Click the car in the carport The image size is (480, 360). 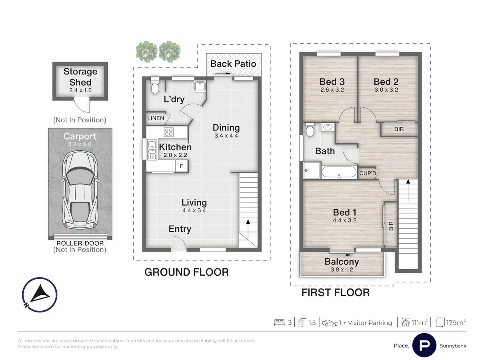80,190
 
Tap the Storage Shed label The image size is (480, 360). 80,77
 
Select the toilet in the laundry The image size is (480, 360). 155,86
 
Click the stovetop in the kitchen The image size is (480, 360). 169,132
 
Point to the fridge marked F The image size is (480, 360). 181,166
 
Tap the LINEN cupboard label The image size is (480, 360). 156,118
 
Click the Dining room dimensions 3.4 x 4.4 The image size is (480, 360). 226,136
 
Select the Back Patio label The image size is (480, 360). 233,64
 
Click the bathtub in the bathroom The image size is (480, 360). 339,172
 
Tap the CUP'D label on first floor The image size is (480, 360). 368,173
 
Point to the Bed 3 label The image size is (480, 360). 332,82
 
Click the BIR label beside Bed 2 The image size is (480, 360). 399,129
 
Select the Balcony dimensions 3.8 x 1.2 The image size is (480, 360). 342,270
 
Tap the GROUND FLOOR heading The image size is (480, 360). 186,272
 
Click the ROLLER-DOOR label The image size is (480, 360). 80,243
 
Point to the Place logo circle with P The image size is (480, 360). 424,346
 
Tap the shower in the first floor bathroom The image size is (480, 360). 312,170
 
